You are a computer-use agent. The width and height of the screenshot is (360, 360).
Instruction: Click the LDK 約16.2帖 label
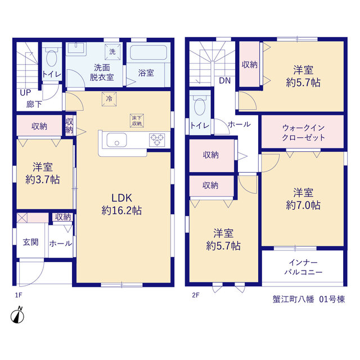[121, 204]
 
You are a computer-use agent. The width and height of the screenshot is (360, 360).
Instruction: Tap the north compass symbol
[17, 315]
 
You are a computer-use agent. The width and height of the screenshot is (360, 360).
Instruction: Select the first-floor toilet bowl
[52, 57]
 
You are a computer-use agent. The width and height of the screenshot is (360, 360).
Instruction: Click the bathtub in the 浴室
[148, 52]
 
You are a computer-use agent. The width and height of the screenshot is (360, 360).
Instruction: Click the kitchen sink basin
[116, 140]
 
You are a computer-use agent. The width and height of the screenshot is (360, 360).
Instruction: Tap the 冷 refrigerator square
[109, 99]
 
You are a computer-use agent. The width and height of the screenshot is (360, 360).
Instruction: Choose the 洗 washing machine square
[112, 52]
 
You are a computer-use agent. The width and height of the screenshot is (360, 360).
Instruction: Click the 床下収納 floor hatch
[137, 121]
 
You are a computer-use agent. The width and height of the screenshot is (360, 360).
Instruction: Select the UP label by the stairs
[25, 92]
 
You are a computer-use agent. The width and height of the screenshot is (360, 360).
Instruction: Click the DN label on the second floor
[225, 80]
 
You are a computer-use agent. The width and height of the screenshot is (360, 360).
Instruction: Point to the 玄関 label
[30, 242]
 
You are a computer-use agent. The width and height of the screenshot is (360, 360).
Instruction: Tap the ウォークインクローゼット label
[303, 133]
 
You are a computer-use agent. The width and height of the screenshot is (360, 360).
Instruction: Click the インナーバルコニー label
[303, 267]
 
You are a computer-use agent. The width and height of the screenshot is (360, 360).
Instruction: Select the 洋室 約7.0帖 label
[303, 199]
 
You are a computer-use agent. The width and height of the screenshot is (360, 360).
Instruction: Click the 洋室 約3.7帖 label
[43, 173]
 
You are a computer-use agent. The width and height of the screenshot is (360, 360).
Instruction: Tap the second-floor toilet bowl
[200, 106]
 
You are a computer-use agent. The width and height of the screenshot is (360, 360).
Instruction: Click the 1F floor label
[19, 295]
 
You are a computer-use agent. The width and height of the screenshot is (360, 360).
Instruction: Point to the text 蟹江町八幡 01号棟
[309, 299]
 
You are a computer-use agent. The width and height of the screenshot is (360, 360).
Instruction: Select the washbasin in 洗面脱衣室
[76, 49]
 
